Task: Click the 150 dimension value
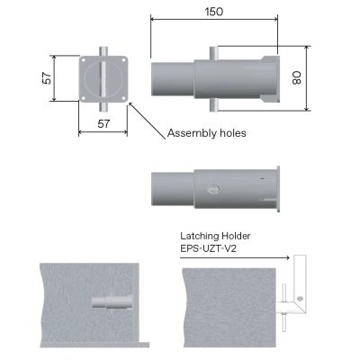213,12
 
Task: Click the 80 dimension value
320,78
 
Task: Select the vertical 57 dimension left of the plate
47,79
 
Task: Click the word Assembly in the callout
193,133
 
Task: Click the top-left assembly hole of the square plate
85,60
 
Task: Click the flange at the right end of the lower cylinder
281,190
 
